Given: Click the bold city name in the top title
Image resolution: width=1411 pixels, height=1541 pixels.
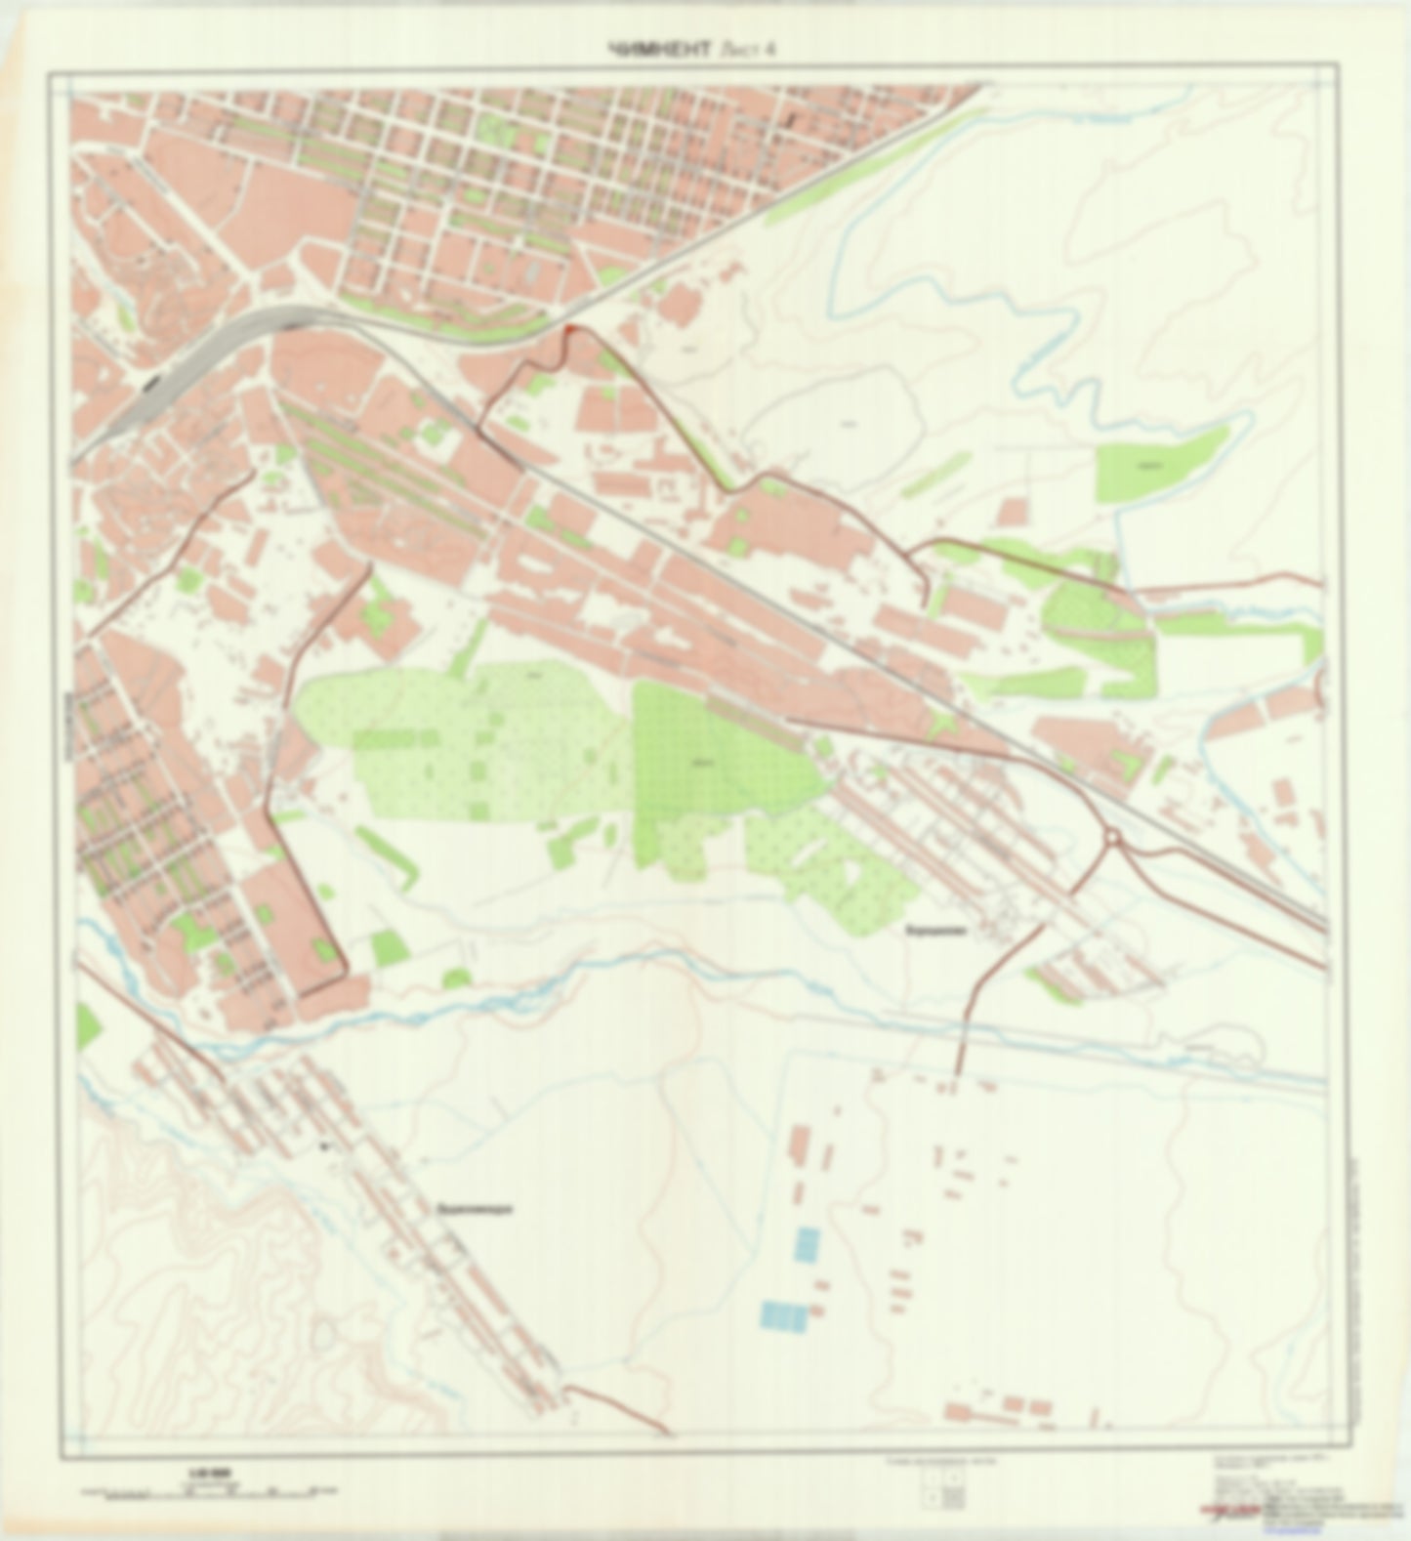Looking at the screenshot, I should [660, 51].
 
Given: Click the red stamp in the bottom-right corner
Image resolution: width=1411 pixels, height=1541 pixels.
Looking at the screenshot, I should [1232, 1510].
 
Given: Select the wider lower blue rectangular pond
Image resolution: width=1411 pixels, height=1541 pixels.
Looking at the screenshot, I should [785, 1316].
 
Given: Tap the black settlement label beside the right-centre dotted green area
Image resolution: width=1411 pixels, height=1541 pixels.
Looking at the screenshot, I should [934, 931].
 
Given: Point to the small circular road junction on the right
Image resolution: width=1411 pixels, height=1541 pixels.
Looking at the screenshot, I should [1113, 839].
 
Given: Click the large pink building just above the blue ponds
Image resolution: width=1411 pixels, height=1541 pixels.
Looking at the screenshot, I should [800, 1145].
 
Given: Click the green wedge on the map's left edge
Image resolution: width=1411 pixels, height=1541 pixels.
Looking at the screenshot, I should [86, 1025].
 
